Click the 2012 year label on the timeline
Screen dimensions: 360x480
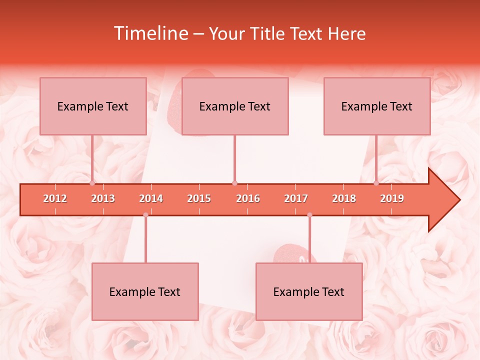55,199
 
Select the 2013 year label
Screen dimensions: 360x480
103,199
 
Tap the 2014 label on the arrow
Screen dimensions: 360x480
151,199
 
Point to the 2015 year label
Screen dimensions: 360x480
199,199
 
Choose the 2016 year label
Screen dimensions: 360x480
248,199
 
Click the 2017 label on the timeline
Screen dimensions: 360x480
296,199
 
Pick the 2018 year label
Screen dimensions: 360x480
344,199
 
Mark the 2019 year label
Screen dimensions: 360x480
392,199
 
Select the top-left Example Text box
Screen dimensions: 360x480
93,106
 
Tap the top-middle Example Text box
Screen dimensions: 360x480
235,106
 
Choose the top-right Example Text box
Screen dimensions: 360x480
377,106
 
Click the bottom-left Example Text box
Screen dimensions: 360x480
145,291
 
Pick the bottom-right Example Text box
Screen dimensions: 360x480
309,291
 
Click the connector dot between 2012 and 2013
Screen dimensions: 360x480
92,183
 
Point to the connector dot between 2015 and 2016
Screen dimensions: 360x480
234,183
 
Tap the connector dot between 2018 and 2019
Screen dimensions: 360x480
376,183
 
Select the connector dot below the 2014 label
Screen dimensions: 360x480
145,215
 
